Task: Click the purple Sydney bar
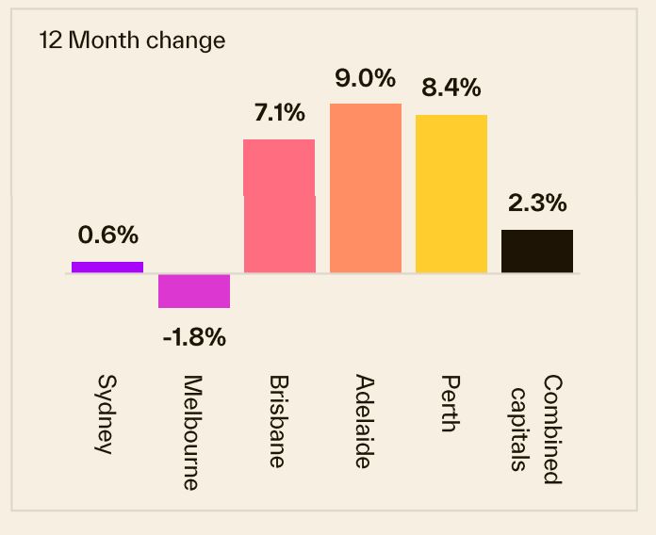click(107, 267)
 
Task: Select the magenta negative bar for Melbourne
click(194, 291)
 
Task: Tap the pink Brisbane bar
click(279, 206)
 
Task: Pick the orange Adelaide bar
click(366, 188)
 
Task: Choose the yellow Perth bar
click(451, 194)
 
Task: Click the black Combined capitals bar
click(537, 251)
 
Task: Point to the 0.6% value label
click(107, 235)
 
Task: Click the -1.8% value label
click(194, 337)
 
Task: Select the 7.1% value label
click(279, 113)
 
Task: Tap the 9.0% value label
click(366, 77)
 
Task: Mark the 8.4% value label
click(451, 89)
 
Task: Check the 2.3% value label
click(537, 203)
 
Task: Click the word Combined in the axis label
click(552, 429)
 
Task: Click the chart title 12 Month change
click(132, 41)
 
